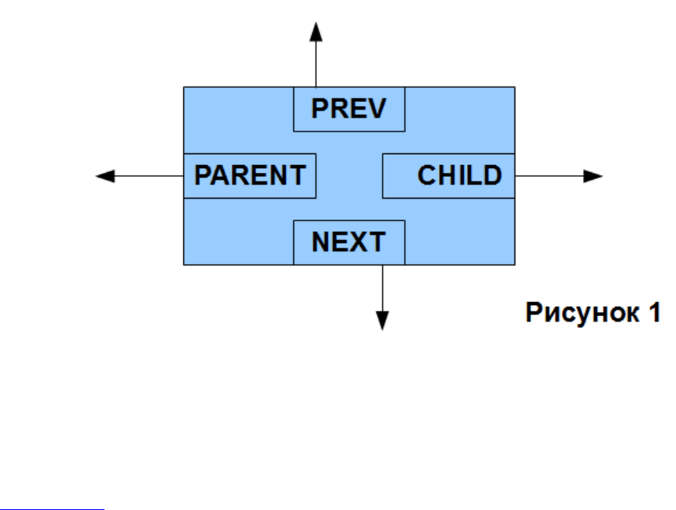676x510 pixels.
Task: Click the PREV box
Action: click(349, 109)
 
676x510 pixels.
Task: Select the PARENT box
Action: click(250, 176)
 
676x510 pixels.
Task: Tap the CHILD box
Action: click(448, 176)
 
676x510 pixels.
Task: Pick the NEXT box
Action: click(349, 242)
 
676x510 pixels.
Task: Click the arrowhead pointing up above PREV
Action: click(316, 32)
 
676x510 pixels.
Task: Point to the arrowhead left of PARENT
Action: click(105, 176)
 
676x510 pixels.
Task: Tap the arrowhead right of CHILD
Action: click(593, 176)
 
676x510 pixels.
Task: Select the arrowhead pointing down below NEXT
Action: click(382, 321)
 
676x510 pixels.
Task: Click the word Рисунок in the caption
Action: click(582, 312)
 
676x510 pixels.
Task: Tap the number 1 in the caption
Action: click(655, 312)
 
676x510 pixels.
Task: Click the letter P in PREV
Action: click(320, 108)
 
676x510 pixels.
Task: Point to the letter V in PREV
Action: click(377, 108)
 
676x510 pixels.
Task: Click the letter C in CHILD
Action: click(426, 175)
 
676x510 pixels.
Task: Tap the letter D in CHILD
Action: click(493, 175)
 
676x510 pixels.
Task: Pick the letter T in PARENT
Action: click(298, 175)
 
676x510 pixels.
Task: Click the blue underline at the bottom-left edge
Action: click(51, 509)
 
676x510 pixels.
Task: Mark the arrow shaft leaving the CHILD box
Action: click(549, 176)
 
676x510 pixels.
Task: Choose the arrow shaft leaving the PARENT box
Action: click(149, 176)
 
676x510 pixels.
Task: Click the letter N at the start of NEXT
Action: click(320, 242)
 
